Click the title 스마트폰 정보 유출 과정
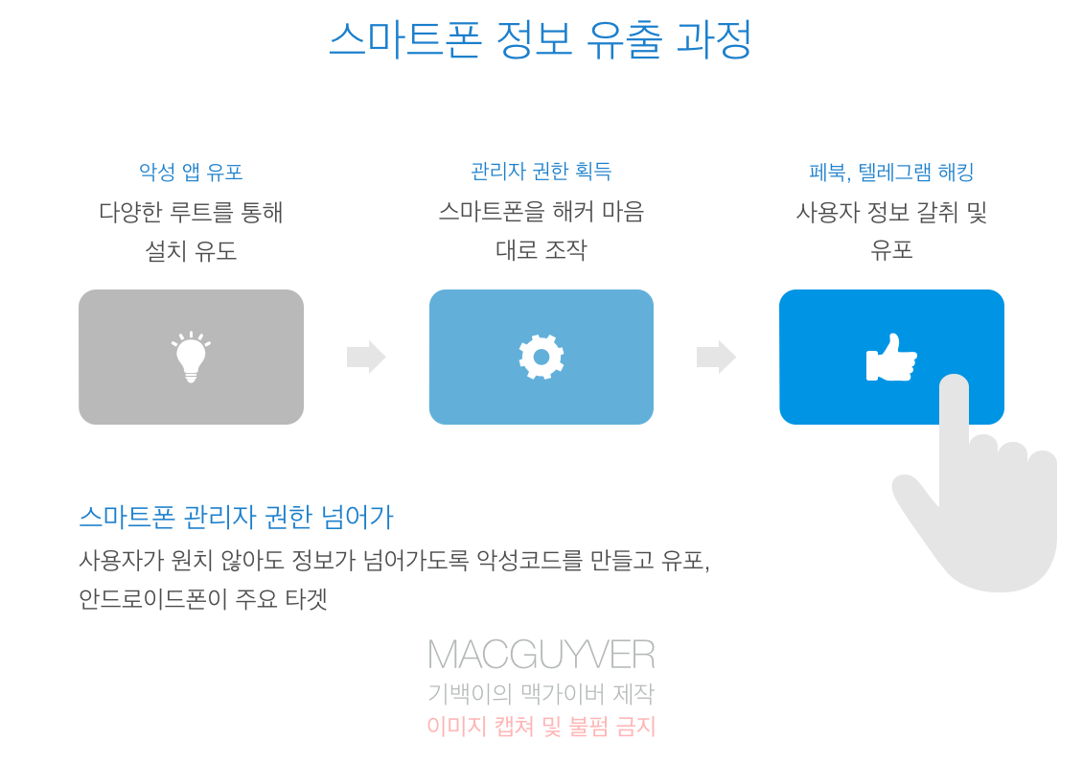[541, 40]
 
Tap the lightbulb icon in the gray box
[191, 358]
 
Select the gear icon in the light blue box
[541, 357]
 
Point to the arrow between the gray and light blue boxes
[366, 357]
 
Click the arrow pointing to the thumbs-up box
[716, 357]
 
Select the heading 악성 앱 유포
[191, 173]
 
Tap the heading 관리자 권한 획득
[541, 172]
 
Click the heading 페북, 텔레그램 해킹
[891, 173]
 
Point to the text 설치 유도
[191, 251]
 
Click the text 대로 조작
[541, 250]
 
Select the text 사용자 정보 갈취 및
[891, 212]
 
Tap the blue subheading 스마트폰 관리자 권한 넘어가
[236, 518]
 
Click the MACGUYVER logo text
[541, 655]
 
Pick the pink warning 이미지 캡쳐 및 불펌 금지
[541, 727]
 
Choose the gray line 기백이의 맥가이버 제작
[541, 693]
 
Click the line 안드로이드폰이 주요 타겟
[203, 599]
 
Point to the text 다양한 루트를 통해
[191, 212]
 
